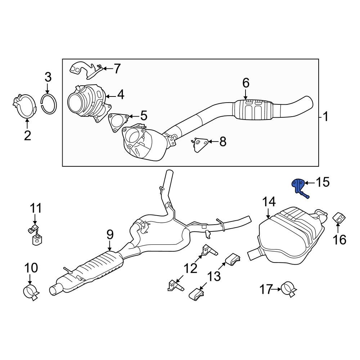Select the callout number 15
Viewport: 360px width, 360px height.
322,182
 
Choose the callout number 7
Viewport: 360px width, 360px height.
117,68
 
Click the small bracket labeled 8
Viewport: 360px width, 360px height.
199,145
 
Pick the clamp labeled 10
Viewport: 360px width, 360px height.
31,291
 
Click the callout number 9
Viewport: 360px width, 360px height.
110,235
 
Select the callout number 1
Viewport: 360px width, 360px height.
325,117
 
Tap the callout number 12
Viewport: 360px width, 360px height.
191,268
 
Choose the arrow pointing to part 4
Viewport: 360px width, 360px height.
111,96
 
